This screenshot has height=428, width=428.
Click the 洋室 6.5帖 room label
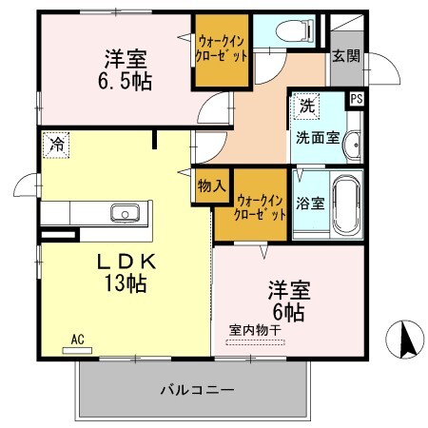126,68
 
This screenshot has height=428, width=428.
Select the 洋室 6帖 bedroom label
285,298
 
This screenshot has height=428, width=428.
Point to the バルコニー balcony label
196,390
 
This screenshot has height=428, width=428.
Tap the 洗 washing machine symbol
306,104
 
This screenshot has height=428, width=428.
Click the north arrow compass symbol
402,340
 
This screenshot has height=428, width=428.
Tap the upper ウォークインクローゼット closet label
224,49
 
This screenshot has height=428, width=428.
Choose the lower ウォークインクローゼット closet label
261,207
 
